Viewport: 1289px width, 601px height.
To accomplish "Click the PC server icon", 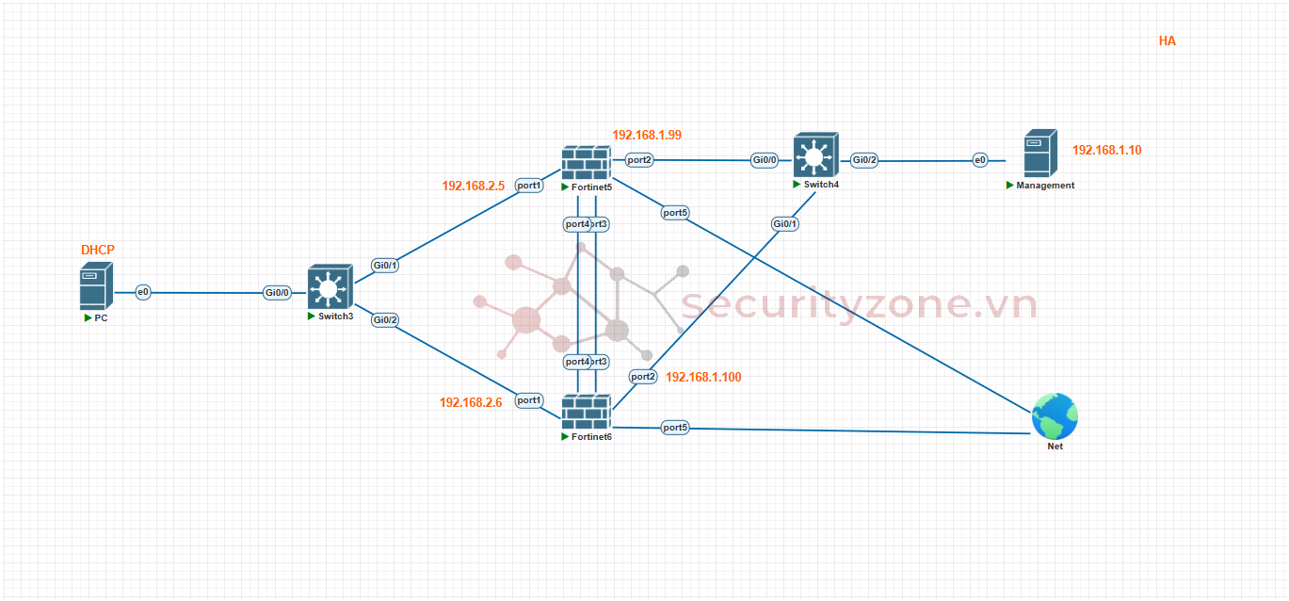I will pos(96,286).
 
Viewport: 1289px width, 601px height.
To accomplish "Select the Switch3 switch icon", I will pos(328,287).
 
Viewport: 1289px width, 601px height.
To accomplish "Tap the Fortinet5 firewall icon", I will pos(586,163).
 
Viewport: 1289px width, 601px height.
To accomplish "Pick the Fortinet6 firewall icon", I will pos(586,413).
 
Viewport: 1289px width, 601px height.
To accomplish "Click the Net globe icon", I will pos(1055,415).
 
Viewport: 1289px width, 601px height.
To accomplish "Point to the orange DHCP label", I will pos(98,250).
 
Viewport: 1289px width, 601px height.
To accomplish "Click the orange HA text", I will pos(1168,41).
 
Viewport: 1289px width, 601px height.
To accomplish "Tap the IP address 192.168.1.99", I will pos(647,135).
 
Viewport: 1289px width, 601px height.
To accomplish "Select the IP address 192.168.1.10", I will pos(1106,150).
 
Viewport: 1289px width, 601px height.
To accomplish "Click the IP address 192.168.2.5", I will pos(474,186).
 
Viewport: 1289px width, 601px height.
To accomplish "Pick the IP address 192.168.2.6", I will pos(471,402).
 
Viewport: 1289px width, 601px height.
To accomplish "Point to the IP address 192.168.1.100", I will pos(703,377).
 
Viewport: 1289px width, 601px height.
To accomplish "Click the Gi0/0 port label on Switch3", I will pos(277,293).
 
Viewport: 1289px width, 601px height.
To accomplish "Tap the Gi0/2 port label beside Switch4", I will pos(864,160).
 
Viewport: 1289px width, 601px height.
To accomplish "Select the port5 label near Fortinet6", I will pos(675,428).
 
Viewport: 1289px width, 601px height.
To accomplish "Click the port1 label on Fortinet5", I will pos(529,186).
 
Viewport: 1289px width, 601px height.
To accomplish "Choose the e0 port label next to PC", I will pos(143,292).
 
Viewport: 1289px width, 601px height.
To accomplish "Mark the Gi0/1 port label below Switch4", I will pos(785,223).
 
